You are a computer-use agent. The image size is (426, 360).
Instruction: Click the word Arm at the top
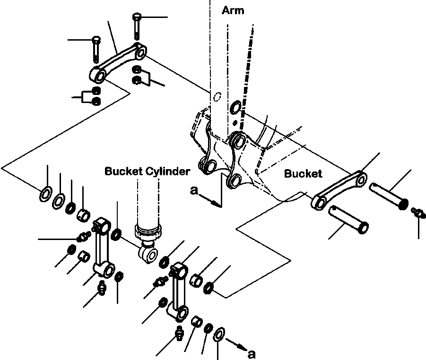pyautogui.click(x=233, y=10)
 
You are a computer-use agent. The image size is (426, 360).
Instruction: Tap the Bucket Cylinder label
pyautogui.click(x=147, y=171)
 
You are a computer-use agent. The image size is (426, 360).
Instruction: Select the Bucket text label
pyautogui.click(x=303, y=173)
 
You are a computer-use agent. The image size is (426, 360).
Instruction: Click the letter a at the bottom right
pyautogui.click(x=252, y=354)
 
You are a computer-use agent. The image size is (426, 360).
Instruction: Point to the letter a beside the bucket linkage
pyautogui.click(x=194, y=190)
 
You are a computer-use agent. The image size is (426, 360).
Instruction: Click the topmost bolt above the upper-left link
pyautogui.click(x=136, y=26)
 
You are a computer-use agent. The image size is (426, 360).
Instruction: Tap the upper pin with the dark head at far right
pyautogui.click(x=389, y=196)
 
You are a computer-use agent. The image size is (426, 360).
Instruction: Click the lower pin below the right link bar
pyautogui.click(x=348, y=219)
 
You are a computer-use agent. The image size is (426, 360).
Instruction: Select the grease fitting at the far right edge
pyautogui.click(x=418, y=213)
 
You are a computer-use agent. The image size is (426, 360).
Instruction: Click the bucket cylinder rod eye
pyautogui.click(x=148, y=254)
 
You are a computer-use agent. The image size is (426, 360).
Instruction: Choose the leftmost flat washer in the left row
pyautogui.click(x=46, y=194)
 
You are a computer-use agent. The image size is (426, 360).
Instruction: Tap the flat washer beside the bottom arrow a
pyautogui.click(x=219, y=334)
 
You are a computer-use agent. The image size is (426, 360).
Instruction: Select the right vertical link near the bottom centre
pyautogui.click(x=178, y=291)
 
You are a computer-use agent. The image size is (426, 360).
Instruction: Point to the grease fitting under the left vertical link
pyautogui.click(x=102, y=289)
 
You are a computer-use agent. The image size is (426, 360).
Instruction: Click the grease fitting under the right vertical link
pyautogui.click(x=179, y=332)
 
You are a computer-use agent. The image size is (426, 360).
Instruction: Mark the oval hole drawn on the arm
pyautogui.click(x=217, y=97)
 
